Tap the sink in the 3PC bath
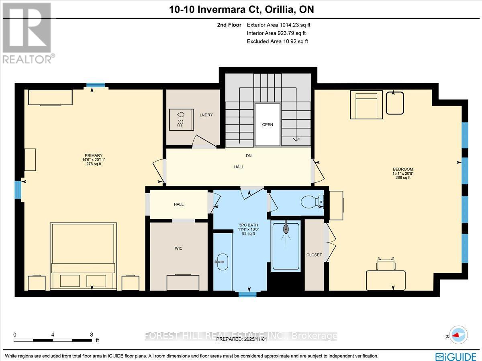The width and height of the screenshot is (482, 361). click(221, 262)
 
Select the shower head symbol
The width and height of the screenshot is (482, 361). click(286, 230)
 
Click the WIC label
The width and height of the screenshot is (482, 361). click(179, 249)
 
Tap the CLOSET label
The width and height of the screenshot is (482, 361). click(314, 255)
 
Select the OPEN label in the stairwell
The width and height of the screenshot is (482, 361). click(268, 124)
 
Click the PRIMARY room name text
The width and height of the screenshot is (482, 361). click(94, 156)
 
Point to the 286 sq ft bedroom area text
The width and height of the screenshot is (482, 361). click(403, 178)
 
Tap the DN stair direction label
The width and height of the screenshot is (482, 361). click(249, 155)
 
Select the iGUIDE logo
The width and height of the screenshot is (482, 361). click(456, 355)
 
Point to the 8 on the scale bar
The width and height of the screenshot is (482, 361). click(92, 334)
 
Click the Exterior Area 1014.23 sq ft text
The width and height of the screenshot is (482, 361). click(279, 25)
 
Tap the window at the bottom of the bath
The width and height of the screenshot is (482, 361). click(247, 294)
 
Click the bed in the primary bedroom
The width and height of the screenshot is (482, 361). click(84, 256)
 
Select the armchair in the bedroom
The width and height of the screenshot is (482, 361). click(366, 104)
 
